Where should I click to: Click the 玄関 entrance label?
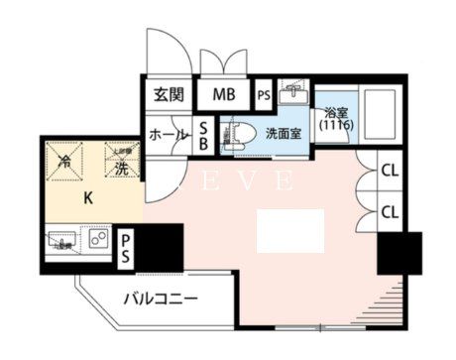(170, 95)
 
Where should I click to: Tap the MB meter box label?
(221, 95)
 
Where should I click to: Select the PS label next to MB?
(264, 96)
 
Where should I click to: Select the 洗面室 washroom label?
(283, 133)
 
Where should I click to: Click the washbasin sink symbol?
(294, 92)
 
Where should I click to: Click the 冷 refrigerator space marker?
(65, 160)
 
